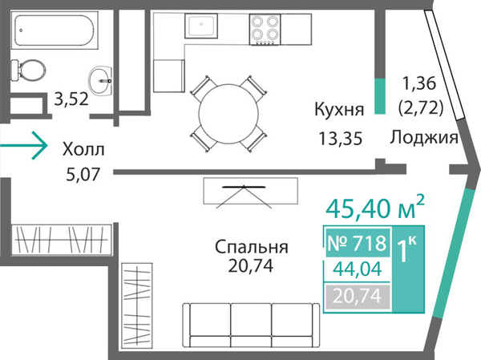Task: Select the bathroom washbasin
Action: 101,77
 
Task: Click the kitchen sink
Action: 200,28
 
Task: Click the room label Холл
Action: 83,148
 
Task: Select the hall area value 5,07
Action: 83,172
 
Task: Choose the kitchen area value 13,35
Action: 340,138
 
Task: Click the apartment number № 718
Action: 357,241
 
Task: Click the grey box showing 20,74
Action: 357,297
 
